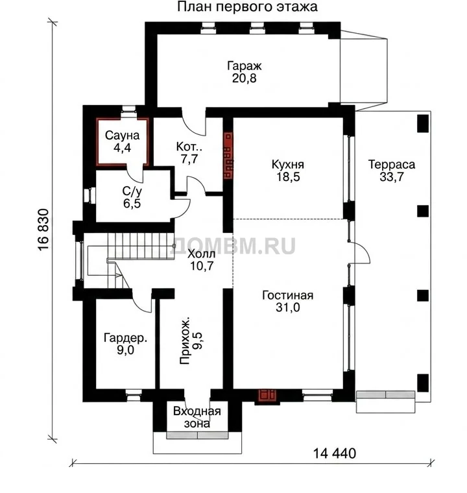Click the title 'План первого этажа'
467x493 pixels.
247,7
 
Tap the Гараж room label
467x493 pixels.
245,66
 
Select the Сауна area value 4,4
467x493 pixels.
122,147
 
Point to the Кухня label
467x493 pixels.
288,164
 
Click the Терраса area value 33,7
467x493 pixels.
392,176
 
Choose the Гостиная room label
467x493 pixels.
288,295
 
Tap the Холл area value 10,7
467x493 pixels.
202,266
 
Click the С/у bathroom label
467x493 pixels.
132,191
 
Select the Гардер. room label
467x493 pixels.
125,338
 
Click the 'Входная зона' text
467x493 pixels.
197,417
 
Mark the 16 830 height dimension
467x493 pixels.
43,229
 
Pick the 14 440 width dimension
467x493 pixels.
335,453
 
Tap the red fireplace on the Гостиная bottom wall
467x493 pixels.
267,396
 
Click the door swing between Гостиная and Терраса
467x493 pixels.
362,252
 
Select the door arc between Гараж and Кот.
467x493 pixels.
194,124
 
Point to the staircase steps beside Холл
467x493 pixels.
141,246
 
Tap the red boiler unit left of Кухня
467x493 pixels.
228,155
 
